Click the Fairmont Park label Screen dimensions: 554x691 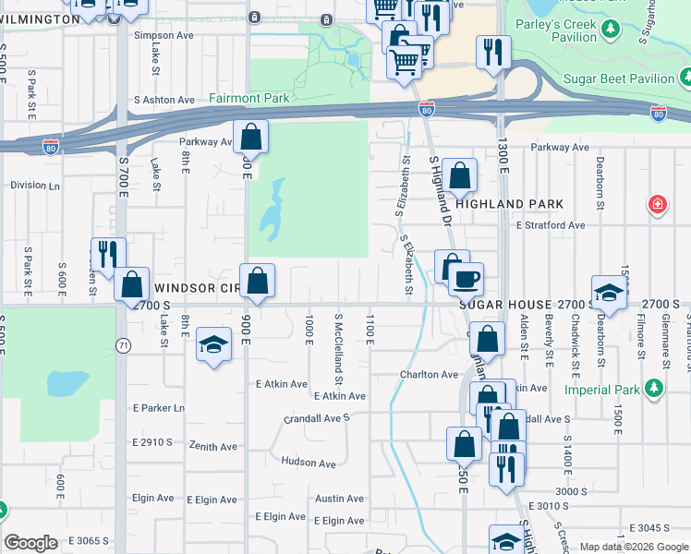coord(249,98)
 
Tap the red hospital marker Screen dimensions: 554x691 coord(657,204)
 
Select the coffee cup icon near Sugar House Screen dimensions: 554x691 coord(466,277)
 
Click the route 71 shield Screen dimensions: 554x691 coord(122,344)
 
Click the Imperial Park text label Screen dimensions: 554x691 coord(601,390)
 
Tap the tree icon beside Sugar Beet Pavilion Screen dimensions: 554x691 coord(685,79)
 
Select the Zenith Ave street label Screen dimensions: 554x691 coord(213,447)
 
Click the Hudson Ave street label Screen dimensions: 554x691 coord(309,463)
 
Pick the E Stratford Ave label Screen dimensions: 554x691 coord(551,224)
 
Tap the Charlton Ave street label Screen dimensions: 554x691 coord(429,375)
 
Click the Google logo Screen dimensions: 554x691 coord(30,543)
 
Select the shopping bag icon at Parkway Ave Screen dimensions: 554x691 coord(250,138)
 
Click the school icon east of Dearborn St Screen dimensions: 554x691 coord(609,293)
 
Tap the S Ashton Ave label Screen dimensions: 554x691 coord(164,100)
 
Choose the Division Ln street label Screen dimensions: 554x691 coord(35,185)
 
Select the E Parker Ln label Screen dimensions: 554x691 coord(159,408)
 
